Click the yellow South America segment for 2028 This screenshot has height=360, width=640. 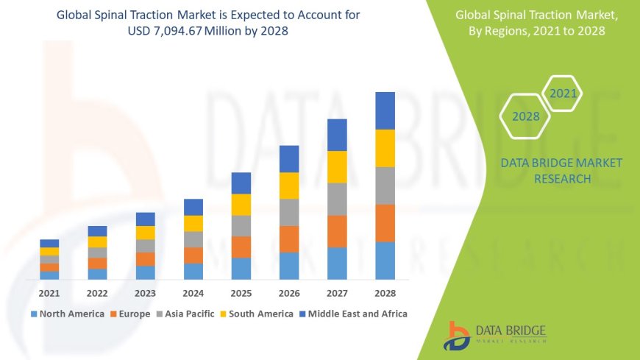click(385, 148)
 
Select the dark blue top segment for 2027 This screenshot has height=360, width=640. click(337, 135)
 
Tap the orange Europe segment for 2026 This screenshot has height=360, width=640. click(289, 239)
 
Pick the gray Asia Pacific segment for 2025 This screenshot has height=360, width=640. click(241, 225)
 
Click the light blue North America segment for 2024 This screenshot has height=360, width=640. click(193, 271)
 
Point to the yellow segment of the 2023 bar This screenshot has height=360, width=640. click(146, 233)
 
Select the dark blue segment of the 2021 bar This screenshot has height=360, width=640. click(49, 243)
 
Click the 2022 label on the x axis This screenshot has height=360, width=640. click(97, 293)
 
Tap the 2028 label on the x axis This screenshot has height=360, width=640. click(385, 293)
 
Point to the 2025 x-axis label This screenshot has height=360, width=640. click(241, 293)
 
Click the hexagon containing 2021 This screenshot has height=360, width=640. click(563, 93)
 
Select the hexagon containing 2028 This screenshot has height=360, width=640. click(526, 116)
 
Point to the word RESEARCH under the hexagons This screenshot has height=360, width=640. click(561, 179)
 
